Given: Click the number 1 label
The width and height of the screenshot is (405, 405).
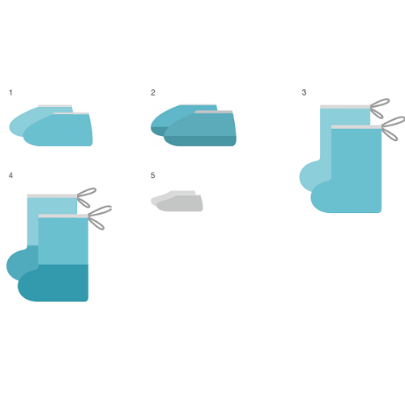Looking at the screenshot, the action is (11, 92).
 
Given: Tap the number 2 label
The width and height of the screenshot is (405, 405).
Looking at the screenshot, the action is (153, 92).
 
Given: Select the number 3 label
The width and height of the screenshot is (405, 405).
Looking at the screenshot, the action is (304, 92).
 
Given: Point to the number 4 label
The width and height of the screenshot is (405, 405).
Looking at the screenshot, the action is (11, 176).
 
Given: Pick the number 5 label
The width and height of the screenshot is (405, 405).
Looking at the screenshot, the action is (152, 176).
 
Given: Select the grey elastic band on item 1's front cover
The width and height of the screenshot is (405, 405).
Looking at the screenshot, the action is (71, 113).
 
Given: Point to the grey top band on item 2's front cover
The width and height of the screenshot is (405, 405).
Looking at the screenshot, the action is (214, 112).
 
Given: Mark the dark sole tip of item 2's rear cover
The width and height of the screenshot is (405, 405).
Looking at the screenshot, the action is (158, 131).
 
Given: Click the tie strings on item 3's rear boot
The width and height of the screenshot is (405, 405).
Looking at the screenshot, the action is (380, 108).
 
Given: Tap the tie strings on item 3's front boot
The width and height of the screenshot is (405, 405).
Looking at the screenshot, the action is (393, 128).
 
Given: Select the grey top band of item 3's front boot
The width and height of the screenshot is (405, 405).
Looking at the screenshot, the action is (356, 127).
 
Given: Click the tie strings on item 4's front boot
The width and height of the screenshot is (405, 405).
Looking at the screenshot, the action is (100, 217).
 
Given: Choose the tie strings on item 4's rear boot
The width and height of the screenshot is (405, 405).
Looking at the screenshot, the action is (87, 198).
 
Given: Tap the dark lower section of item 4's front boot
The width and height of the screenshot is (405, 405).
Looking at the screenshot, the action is (53, 283).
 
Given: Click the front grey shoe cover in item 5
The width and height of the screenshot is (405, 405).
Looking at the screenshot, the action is (180, 203).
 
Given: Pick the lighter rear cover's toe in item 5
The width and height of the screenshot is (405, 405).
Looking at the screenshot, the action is (156, 200).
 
